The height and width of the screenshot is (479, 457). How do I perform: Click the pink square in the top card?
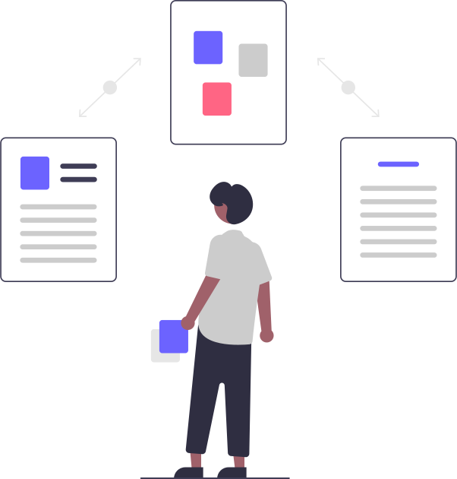click(216, 99)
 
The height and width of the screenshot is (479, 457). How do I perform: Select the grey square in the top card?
click(253, 60)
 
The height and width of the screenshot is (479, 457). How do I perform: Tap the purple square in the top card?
click(208, 47)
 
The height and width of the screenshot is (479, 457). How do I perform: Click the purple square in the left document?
click(34, 173)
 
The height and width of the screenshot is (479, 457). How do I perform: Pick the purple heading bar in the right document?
click(399, 164)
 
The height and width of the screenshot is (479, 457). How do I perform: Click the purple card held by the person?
click(174, 337)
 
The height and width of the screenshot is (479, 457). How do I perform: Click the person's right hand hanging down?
click(266, 335)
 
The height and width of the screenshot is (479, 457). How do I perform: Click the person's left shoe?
click(190, 471)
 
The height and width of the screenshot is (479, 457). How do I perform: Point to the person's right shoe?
click(233, 471)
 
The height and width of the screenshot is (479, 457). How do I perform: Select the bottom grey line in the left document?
click(58, 260)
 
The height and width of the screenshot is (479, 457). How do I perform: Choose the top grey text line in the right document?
click(399, 189)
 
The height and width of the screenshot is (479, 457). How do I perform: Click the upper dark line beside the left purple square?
click(78, 166)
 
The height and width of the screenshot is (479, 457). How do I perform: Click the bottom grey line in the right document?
click(399, 255)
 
